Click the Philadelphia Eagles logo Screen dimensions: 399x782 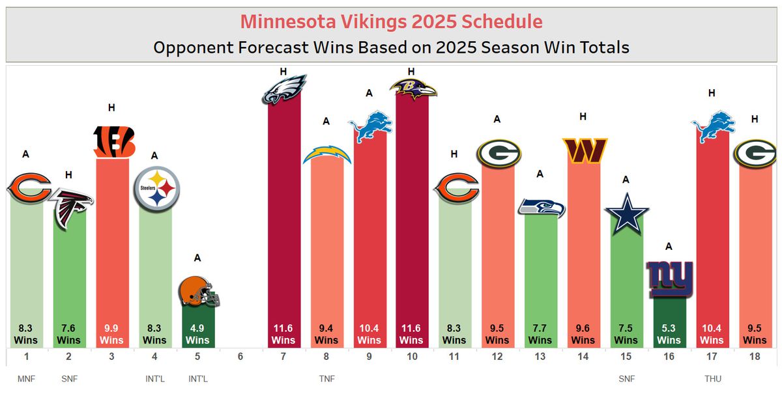point(283,89)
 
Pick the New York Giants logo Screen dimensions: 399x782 point(669,279)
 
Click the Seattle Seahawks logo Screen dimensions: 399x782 point(541,207)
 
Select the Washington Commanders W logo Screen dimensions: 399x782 point(584,150)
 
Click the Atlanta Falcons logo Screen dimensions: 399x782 point(70,208)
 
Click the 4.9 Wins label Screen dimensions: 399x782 point(197,335)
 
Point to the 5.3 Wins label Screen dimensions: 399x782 point(669,335)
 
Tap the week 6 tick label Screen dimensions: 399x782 point(240,357)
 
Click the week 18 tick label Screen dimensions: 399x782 point(755,357)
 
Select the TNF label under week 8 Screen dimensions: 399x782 point(326,379)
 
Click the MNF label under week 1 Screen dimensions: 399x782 point(27,379)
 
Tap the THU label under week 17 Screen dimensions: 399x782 point(712,379)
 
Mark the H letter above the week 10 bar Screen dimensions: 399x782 point(411,71)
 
